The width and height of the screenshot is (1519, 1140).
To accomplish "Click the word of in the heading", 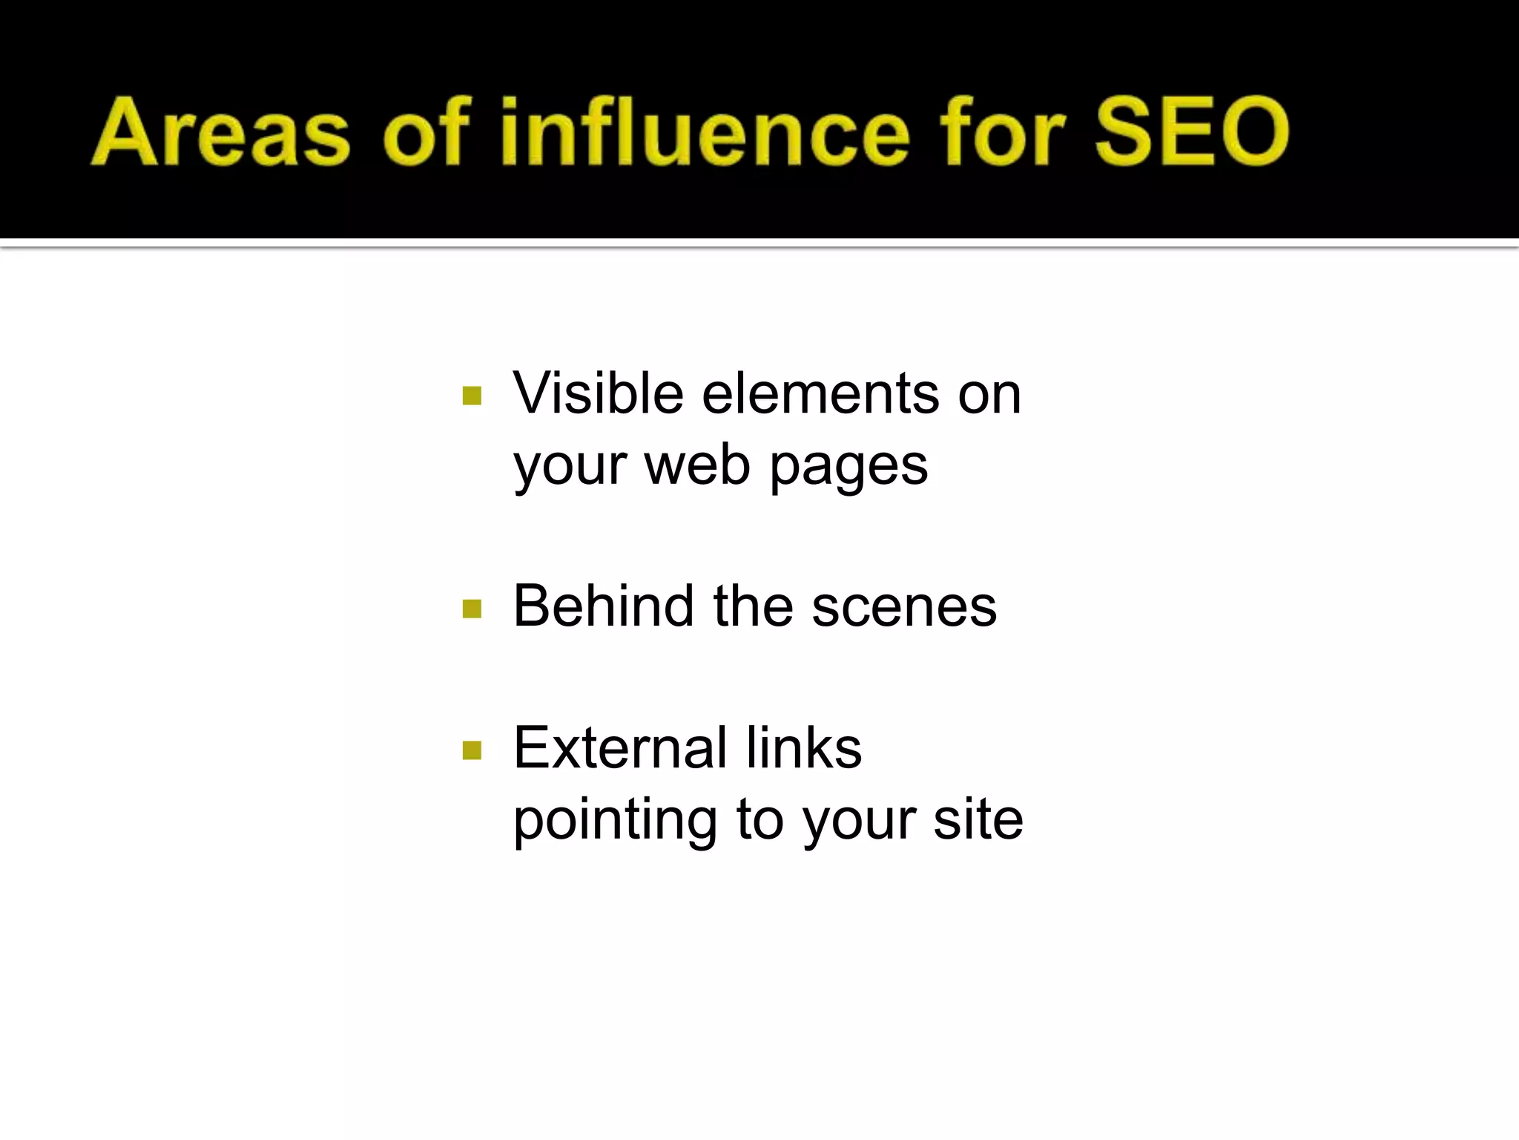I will tap(426, 132).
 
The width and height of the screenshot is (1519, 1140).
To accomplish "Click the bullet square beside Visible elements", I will tap(472, 396).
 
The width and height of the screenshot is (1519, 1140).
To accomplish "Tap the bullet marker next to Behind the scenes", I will tap(472, 609).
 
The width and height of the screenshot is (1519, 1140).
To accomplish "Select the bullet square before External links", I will tap(472, 750).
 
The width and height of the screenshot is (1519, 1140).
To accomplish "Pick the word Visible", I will tap(598, 393).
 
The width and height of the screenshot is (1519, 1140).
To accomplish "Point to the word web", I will tap(697, 465).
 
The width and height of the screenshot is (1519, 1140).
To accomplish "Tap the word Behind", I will tap(604, 606).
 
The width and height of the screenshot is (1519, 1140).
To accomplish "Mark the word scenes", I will tap(904, 607).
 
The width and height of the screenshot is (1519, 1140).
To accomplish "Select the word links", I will tap(804, 747).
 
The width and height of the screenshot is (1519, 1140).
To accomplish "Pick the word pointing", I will tap(615, 821).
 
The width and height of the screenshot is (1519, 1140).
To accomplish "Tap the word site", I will tap(978, 819).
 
